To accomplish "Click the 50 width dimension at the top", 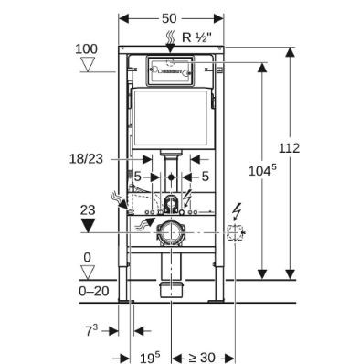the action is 169,18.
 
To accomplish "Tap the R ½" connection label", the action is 196,37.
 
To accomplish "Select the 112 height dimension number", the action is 289,148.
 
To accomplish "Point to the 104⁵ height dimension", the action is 262,170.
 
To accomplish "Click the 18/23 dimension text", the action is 86,159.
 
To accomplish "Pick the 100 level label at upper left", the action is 86,48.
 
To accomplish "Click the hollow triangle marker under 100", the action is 88,65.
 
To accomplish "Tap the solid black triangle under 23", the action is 88,225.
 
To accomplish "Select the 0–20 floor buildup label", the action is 94,291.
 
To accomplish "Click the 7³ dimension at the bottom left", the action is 91,331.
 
